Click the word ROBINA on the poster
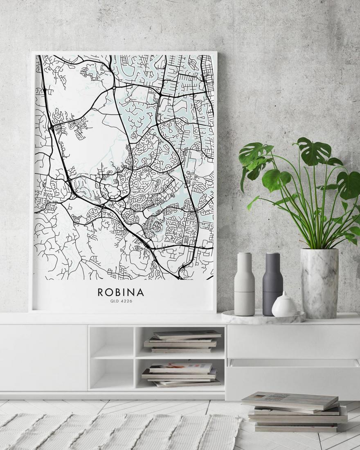[121, 292]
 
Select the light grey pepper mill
[244, 286]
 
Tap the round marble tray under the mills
[263, 317]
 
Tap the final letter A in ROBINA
[140, 292]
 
